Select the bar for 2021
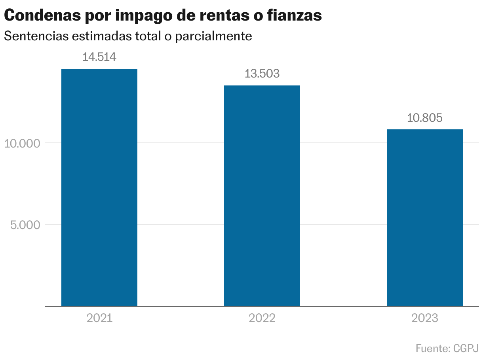(99, 187)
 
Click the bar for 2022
(262, 195)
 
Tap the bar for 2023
(424, 218)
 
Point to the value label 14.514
(99, 57)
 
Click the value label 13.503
(262, 74)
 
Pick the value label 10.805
(424, 118)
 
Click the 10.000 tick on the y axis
(23, 143)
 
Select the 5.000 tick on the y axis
(25, 225)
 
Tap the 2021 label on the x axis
(99, 318)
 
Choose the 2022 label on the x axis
(262, 318)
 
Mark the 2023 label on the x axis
(424, 318)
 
